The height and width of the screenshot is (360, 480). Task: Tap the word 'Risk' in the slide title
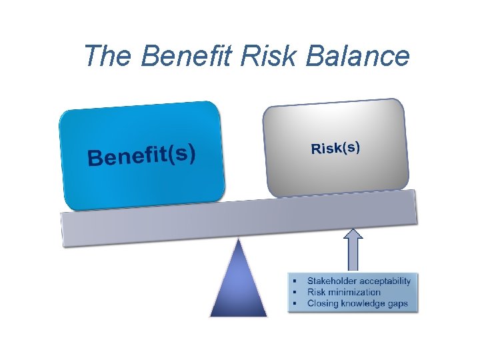(x=274, y=56)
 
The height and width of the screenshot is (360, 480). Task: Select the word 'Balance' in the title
(x=358, y=56)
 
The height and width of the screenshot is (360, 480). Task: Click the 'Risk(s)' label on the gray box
(x=335, y=147)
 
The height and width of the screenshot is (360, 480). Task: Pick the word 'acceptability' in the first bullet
(x=387, y=281)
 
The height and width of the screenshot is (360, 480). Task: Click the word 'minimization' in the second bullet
(x=354, y=292)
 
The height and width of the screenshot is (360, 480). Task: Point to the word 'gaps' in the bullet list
(x=398, y=303)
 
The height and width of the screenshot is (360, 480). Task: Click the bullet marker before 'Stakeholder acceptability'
(x=294, y=281)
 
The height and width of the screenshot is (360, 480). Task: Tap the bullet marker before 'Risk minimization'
(x=294, y=293)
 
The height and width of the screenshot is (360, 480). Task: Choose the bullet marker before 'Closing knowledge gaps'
(x=294, y=304)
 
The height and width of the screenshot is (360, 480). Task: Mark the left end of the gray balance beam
(x=63, y=230)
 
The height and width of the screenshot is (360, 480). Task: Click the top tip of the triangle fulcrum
(x=239, y=239)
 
